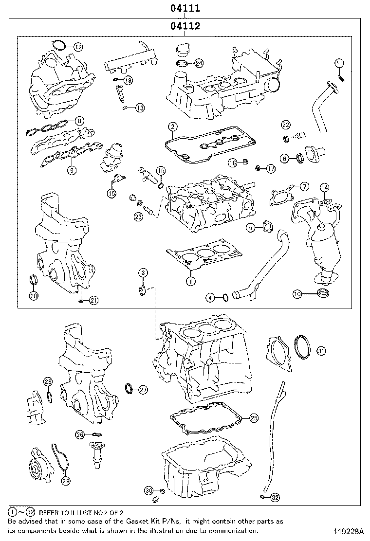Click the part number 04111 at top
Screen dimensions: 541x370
coord(185,8)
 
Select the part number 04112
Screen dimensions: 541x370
coord(185,26)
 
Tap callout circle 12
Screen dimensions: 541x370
coord(78,47)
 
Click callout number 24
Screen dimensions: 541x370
coord(199,63)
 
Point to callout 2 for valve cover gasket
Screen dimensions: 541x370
coord(172,127)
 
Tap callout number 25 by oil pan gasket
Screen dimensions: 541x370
coord(253,417)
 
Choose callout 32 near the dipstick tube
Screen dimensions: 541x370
coord(275,497)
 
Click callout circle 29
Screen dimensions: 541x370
coord(66,481)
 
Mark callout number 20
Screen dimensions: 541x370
coord(33,295)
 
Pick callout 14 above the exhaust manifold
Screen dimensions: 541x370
coord(324,187)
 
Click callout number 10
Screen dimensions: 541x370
coord(297,293)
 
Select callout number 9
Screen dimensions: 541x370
coord(72,170)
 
